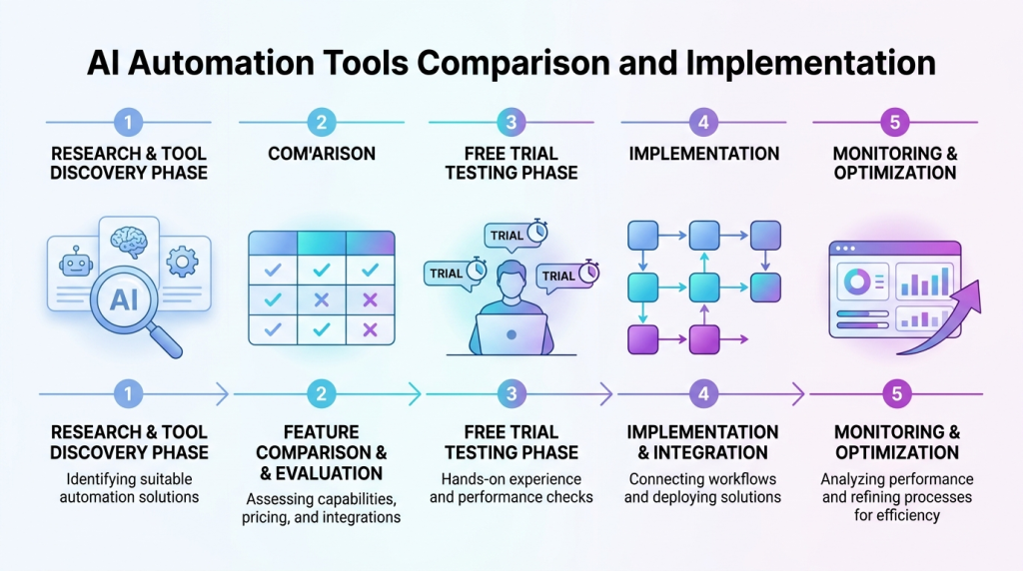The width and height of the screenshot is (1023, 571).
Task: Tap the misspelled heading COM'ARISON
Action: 321,154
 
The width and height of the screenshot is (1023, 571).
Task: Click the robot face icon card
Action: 76,264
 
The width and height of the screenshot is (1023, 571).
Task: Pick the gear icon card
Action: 183,262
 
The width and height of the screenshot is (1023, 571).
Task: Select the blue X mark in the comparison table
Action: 321,299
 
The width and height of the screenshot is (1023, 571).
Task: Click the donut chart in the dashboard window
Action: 857,283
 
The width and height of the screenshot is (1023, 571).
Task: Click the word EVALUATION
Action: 329,473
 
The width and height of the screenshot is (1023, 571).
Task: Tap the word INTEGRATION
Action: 712,452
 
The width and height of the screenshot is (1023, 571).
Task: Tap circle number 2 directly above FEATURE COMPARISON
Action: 321,394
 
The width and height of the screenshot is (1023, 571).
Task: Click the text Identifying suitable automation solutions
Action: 129,487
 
